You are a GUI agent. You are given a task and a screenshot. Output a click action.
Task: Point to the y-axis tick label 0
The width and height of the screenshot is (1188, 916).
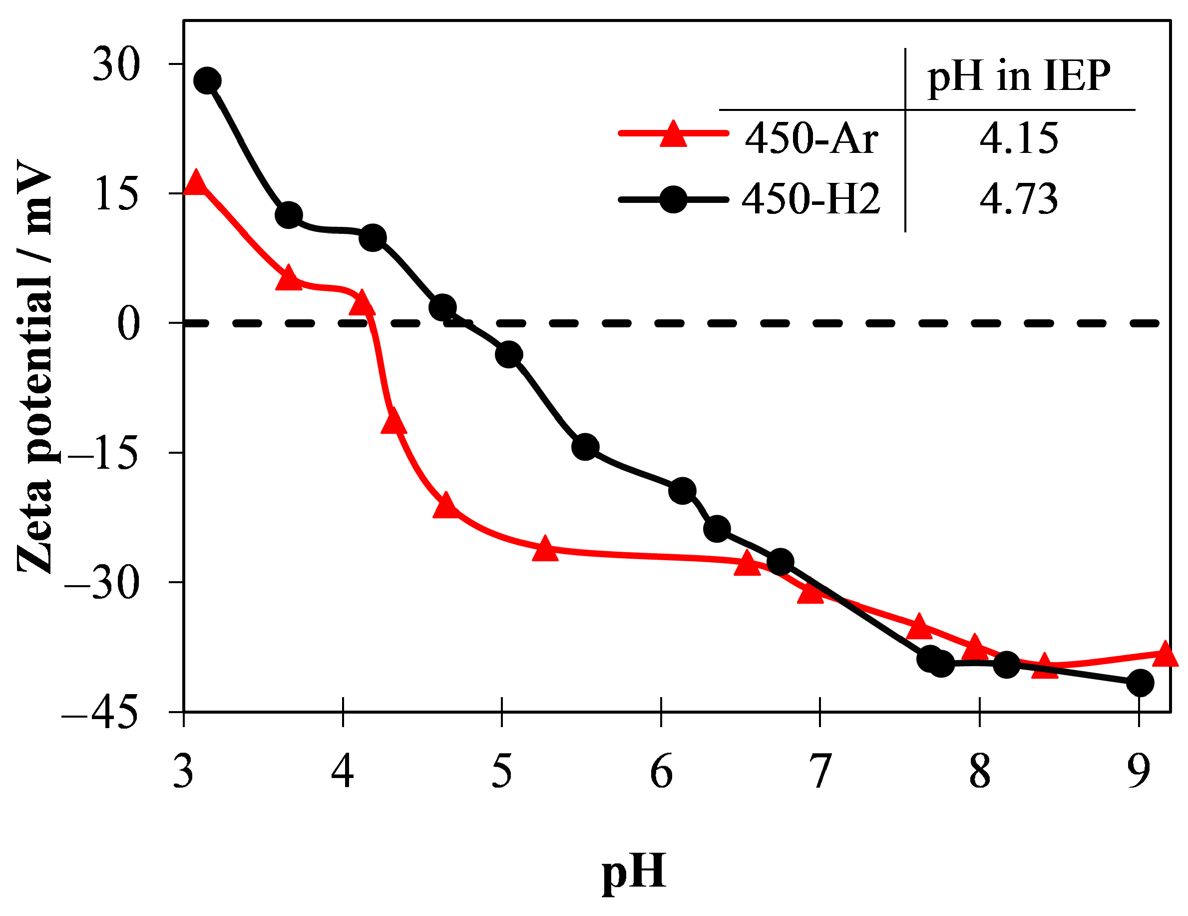pyautogui.click(x=129, y=323)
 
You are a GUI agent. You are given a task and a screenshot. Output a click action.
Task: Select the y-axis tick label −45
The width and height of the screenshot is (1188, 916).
pyautogui.click(x=100, y=713)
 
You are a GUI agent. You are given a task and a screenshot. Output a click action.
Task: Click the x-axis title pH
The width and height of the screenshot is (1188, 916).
pyautogui.click(x=634, y=872)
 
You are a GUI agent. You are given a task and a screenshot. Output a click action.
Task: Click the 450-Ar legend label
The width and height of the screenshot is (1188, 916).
pyautogui.click(x=811, y=138)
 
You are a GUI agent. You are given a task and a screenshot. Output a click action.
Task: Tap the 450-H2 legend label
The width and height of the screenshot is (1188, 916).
pyautogui.click(x=811, y=199)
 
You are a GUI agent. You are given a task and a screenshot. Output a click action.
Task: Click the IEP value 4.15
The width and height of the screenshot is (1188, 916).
pyautogui.click(x=1019, y=138)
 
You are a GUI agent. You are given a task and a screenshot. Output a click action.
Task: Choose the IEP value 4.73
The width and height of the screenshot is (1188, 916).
pyautogui.click(x=1019, y=199)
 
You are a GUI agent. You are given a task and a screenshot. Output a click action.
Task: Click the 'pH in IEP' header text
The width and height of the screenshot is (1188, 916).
pyautogui.click(x=1019, y=75)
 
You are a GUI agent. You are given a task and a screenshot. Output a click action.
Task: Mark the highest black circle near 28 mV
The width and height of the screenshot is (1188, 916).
pyautogui.click(x=207, y=80)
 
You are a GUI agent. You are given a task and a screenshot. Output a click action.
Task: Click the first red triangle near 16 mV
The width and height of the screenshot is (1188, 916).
pyautogui.click(x=195, y=182)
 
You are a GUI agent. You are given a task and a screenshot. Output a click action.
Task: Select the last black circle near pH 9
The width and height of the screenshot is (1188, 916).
pyautogui.click(x=1140, y=683)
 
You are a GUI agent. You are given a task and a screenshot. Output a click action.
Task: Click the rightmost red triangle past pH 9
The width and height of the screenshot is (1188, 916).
pyautogui.click(x=1165, y=654)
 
